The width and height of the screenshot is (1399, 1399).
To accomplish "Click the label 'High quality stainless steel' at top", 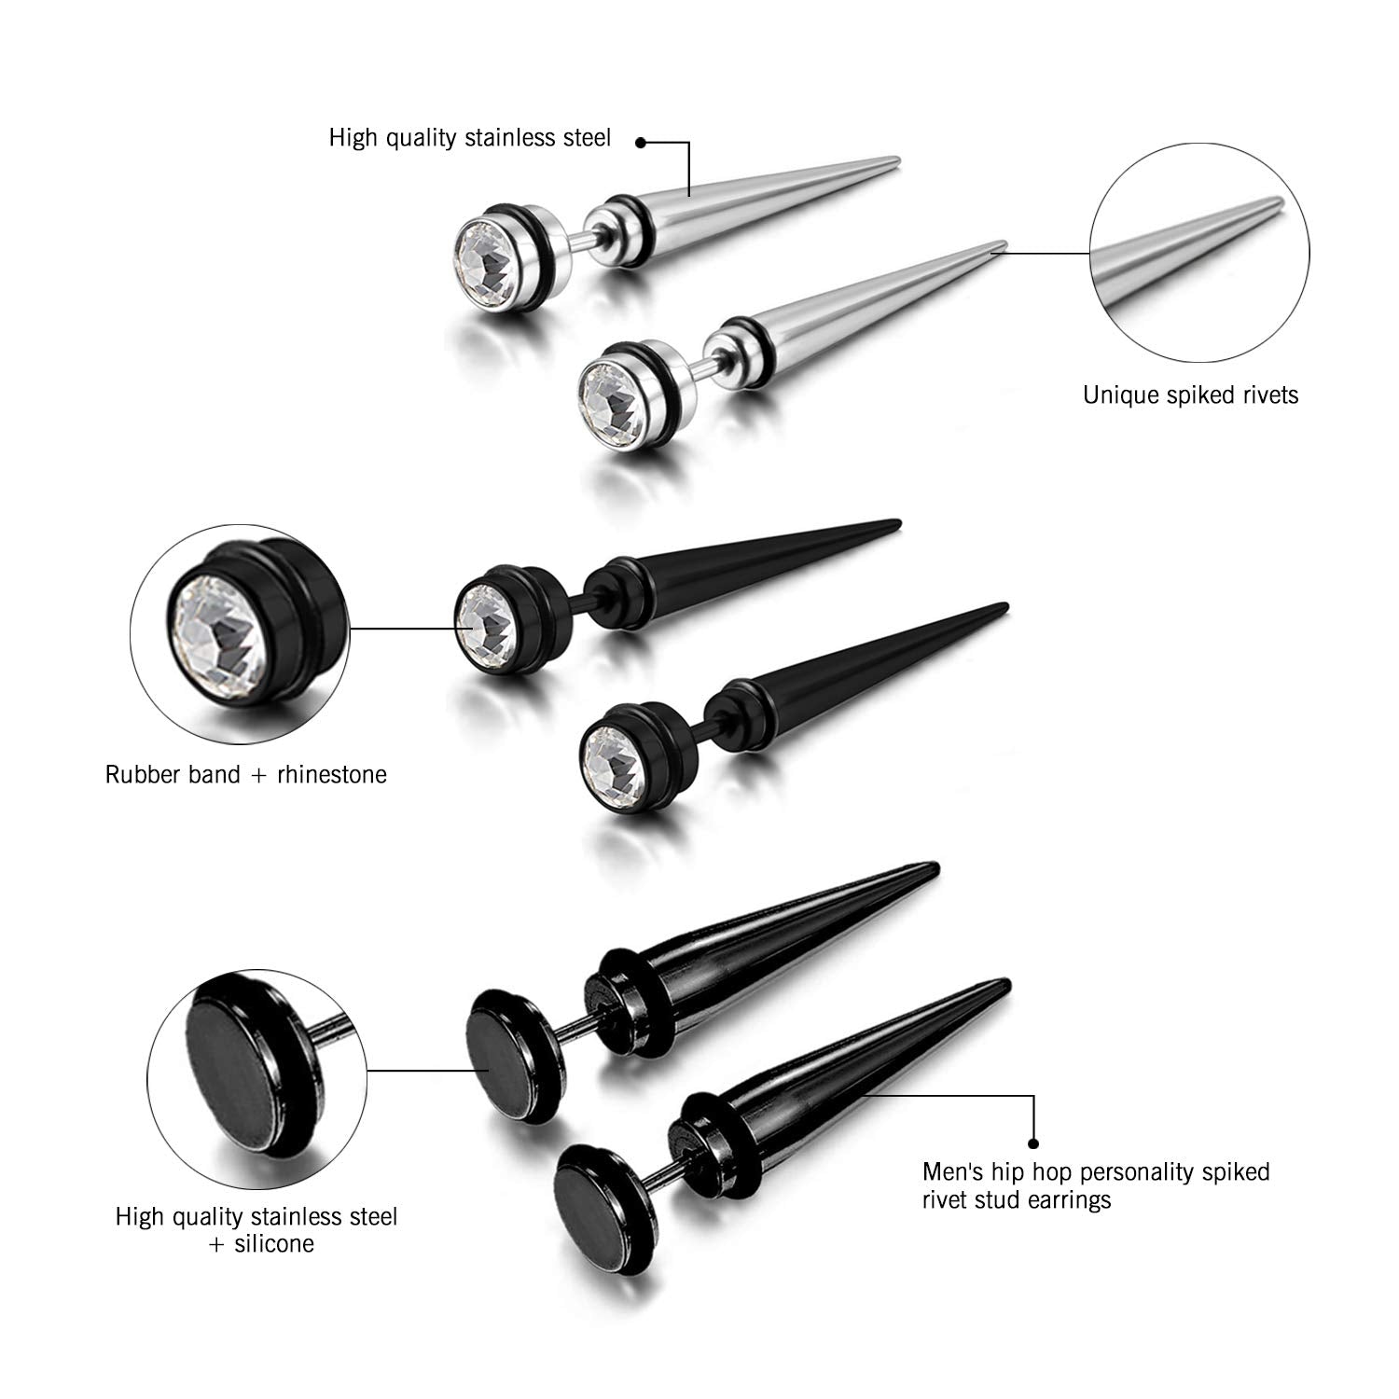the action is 470,138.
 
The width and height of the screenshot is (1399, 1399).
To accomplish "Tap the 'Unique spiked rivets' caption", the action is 1190,395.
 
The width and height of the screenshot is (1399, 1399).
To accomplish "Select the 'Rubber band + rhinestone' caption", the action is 245,774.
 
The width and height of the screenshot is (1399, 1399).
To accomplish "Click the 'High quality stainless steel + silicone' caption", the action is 256,1229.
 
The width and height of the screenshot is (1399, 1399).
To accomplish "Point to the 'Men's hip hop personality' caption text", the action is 1096,1170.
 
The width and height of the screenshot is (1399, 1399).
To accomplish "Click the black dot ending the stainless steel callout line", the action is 641,143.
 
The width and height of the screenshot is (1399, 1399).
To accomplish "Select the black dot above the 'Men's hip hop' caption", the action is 1033,1142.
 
